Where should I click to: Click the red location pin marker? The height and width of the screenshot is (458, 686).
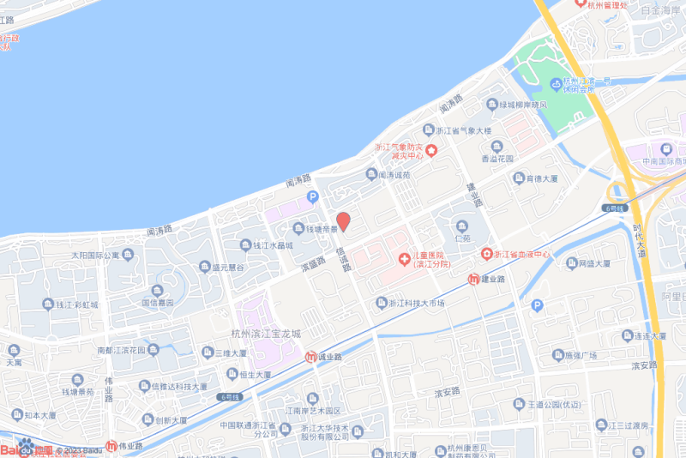tap(343, 221)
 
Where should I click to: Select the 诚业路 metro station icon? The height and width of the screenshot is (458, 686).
tap(312, 357)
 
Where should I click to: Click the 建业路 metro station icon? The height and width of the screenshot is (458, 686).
tap(473, 279)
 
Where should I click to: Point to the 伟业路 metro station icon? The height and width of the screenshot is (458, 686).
tap(111, 446)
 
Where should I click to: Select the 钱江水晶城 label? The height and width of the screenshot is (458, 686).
tap(273, 245)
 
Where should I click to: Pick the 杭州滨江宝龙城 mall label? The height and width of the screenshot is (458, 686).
tap(267, 334)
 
